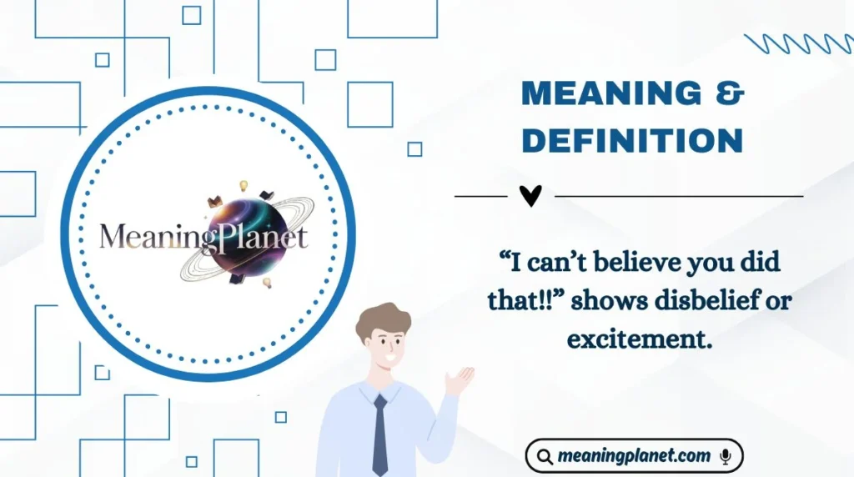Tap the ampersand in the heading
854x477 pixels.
click(x=729, y=94)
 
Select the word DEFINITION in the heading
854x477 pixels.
click(x=631, y=141)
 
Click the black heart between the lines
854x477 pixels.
click(x=530, y=196)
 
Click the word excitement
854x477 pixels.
click(x=640, y=339)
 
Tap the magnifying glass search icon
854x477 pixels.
click(x=544, y=456)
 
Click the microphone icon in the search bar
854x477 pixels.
click(x=725, y=456)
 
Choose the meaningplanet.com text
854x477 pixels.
click(x=634, y=456)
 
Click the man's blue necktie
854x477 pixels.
click(x=380, y=434)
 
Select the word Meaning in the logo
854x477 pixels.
click(x=150, y=237)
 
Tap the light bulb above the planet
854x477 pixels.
click(x=244, y=185)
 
